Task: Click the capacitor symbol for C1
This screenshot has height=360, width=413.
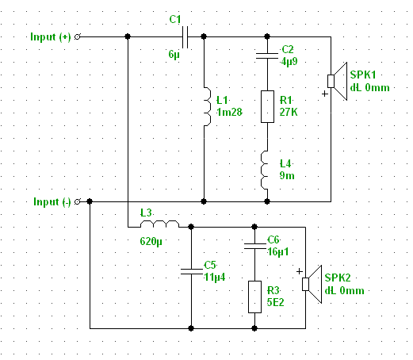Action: point(185,37)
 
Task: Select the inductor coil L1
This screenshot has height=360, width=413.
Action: point(208,106)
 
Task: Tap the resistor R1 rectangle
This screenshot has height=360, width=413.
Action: point(267,106)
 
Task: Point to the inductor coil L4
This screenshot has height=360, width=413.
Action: point(264,170)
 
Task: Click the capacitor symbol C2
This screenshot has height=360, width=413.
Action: point(267,56)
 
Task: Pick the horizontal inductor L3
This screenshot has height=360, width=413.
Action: point(159,224)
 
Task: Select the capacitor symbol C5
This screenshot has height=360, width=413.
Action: point(191,271)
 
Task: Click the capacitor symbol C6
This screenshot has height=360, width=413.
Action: point(254,246)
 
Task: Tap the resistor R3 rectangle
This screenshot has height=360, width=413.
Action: point(254,297)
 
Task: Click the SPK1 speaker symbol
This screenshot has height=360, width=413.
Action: point(338,81)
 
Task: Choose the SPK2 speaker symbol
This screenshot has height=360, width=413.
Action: point(312,284)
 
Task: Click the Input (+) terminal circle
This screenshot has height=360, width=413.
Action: point(77,37)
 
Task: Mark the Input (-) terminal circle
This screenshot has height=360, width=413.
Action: point(77,202)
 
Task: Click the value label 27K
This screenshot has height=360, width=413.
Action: point(289,113)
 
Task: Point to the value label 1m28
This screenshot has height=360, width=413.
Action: point(229,113)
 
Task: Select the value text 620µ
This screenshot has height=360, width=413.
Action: point(151,241)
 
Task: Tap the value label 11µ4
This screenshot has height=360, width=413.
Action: point(215,278)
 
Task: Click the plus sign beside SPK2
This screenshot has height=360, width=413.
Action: point(300,271)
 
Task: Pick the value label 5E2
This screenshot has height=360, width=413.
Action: point(275,302)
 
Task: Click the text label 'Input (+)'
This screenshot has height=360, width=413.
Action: point(51,37)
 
